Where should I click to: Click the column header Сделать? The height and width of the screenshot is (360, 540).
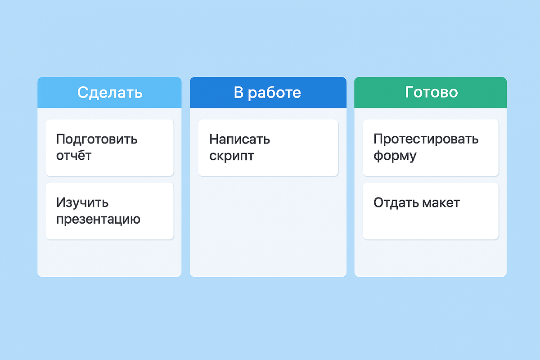click(109, 92)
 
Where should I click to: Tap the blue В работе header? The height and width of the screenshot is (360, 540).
click(268, 92)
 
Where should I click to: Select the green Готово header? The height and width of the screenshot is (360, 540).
click(431, 92)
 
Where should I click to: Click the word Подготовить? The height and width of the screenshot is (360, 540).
click(97, 139)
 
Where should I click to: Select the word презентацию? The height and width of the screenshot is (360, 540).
click(98, 220)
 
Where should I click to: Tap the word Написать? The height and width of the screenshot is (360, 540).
click(239, 139)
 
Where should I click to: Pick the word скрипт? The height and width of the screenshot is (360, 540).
click(232, 156)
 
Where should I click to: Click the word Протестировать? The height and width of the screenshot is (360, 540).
click(426, 139)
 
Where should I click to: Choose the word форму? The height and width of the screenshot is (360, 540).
click(395, 156)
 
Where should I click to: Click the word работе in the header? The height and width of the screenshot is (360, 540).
click(274, 92)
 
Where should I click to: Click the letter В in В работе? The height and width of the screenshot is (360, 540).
click(238, 92)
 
